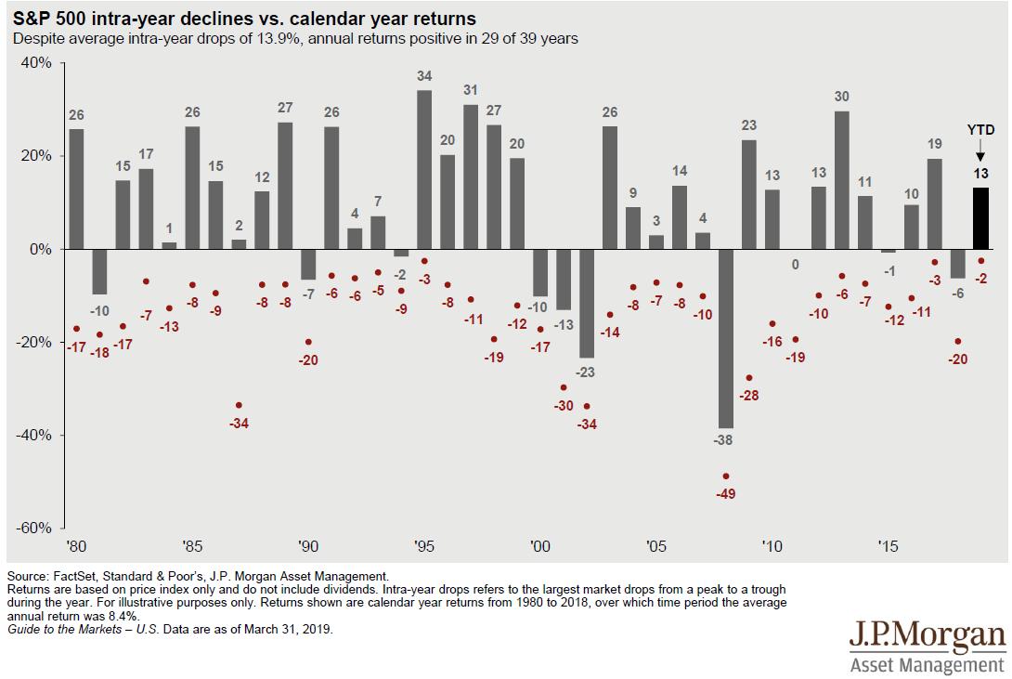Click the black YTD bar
click(x=980, y=218)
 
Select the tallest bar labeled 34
click(x=424, y=169)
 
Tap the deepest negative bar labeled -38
click(x=726, y=338)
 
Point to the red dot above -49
click(x=726, y=477)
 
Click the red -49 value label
click(x=726, y=493)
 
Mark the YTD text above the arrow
click(x=980, y=130)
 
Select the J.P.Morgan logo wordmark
click(x=927, y=638)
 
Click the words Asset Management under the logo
click(x=928, y=665)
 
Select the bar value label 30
click(x=842, y=96)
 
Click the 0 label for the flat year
click(x=796, y=264)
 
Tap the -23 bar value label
click(x=587, y=372)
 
